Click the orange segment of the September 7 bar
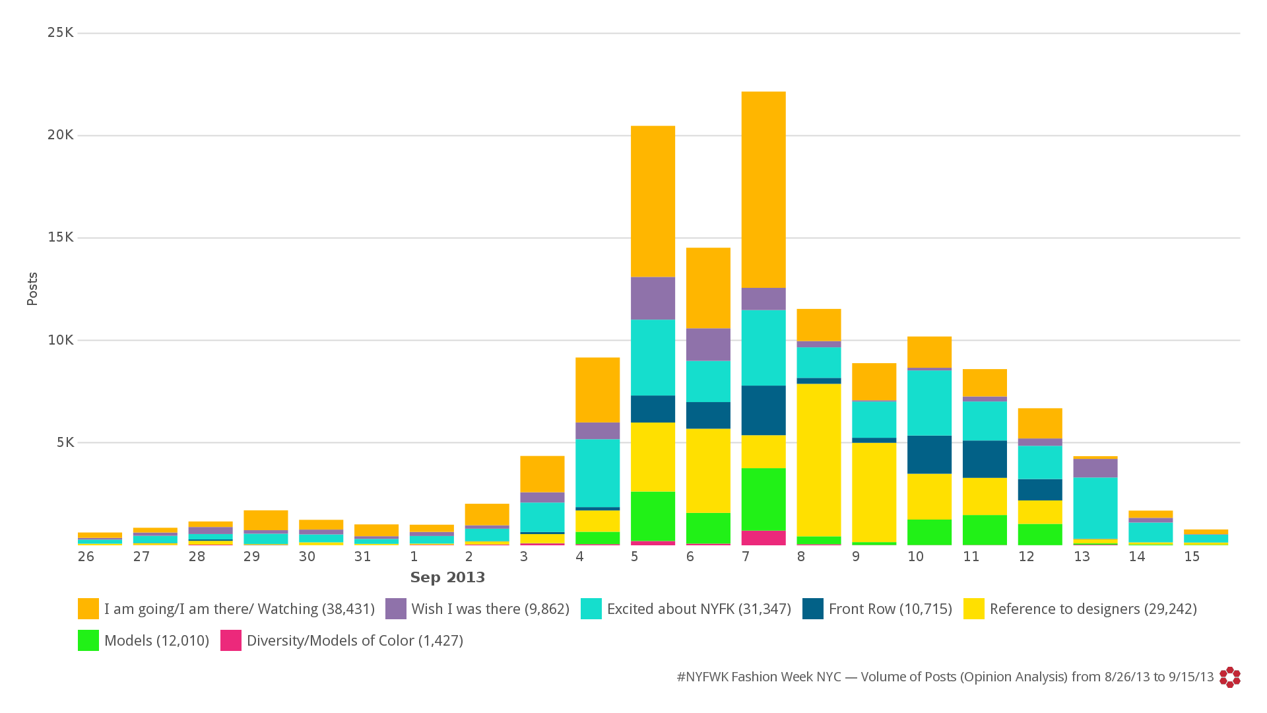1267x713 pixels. pos(763,189)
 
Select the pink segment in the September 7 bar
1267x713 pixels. pos(763,537)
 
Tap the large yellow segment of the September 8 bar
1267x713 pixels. pos(819,459)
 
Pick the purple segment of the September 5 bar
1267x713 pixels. pos(653,298)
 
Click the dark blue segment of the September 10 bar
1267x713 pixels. pos(929,454)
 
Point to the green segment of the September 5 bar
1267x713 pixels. pos(653,516)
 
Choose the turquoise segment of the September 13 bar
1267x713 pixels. pos(1095,508)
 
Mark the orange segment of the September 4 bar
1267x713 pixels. pos(597,390)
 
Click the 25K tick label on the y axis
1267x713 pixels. pos(61,32)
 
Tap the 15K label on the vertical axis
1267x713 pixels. pos(61,237)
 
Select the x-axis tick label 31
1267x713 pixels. pos(362,557)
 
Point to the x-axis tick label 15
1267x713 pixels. pos(1192,557)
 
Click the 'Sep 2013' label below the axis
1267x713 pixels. pos(447,578)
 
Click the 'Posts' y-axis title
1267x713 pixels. pos(32,289)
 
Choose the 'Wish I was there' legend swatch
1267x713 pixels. pos(396,609)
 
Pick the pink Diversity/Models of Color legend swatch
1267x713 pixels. pos(231,640)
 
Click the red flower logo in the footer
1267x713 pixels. pos(1230,677)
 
